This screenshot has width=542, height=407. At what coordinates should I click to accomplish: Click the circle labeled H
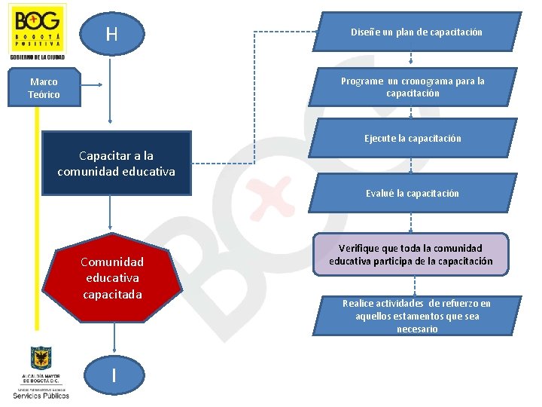point(111,34)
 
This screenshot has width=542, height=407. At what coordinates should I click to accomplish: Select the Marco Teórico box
point(44,88)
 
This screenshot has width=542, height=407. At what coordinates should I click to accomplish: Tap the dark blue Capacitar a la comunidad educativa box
point(117,164)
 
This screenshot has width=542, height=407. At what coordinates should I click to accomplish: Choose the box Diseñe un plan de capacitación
point(416,32)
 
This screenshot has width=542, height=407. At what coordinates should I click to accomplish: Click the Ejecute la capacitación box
point(413,138)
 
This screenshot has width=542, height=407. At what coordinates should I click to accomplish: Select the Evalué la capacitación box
point(412,193)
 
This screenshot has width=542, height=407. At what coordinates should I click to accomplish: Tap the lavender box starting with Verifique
point(411,255)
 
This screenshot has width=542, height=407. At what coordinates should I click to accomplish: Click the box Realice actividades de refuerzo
point(416,316)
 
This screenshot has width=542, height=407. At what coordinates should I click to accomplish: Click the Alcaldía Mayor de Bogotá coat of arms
point(41,358)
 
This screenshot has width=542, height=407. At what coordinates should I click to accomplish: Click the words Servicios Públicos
point(41,395)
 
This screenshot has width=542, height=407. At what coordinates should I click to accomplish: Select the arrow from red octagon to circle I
point(113,338)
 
